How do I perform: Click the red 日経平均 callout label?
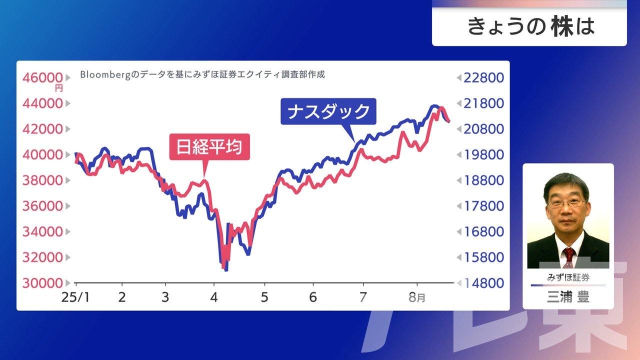click(x=209, y=146)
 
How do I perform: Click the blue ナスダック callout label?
click(x=328, y=111)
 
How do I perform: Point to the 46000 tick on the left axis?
click(x=42, y=77)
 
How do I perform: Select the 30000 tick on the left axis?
click(x=42, y=283)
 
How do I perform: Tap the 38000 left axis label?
click(x=42, y=180)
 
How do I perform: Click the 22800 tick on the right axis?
click(x=483, y=77)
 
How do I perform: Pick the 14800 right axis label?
click(x=483, y=283)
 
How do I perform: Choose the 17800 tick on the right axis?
click(x=483, y=206)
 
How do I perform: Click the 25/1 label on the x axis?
click(x=75, y=297)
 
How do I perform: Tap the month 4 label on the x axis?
click(x=213, y=297)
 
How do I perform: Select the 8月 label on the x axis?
click(x=417, y=297)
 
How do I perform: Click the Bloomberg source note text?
click(x=202, y=74)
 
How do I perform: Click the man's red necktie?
click(x=569, y=257)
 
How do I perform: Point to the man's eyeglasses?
click(x=567, y=203)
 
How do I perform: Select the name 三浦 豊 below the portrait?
click(x=568, y=297)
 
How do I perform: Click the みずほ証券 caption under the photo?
click(x=568, y=277)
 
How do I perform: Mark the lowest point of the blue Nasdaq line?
click(x=226, y=270)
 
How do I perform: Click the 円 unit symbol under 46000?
click(x=59, y=88)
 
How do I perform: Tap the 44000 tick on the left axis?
click(x=42, y=103)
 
